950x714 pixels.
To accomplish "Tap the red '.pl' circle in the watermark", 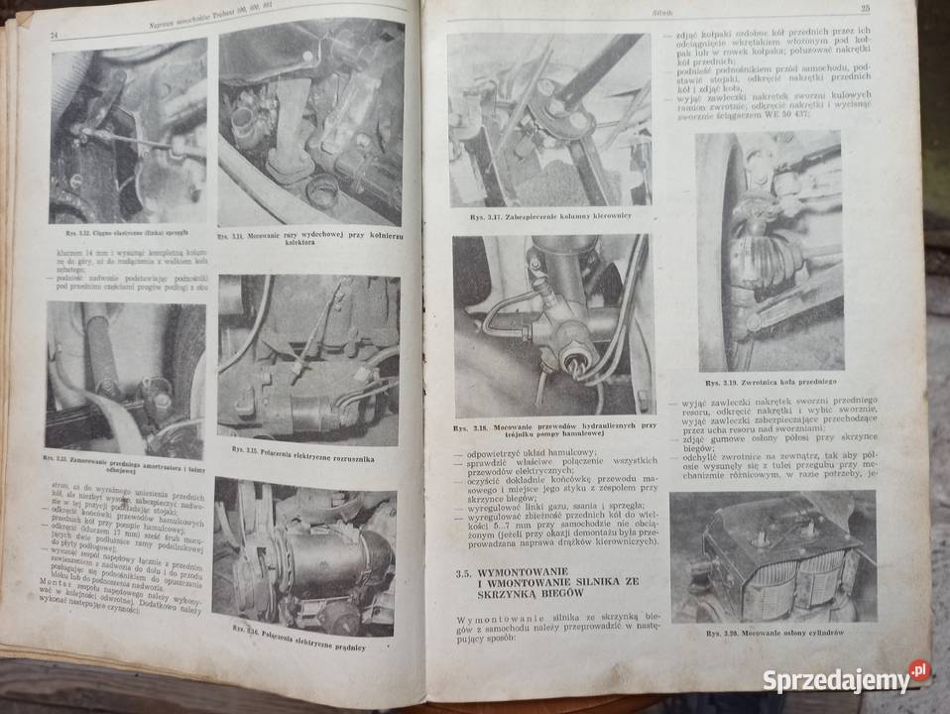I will (x=919, y=672).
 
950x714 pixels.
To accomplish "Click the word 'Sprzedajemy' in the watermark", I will (x=835, y=681).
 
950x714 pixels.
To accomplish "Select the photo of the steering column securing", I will (x=549, y=120).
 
